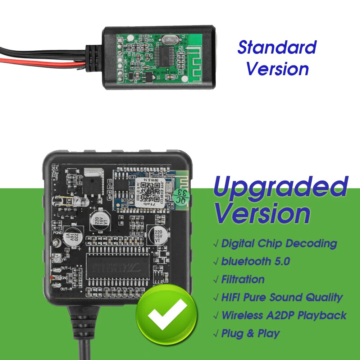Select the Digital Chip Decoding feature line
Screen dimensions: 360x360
pyautogui.click(x=279, y=243)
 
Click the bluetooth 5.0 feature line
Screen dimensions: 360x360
pyautogui.click(x=255, y=261)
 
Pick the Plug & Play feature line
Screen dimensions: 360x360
pyautogui.click(x=250, y=333)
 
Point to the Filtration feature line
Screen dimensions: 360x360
pyautogui.click(x=243, y=279)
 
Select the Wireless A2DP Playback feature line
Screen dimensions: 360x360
pyautogui.click(x=283, y=315)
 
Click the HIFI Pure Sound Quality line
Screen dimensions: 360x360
pyautogui.click(x=282, y=297)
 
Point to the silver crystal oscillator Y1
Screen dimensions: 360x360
pyautogui.click(x=168, y=40)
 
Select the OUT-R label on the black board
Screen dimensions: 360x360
pyautogui.click(x=67, y=289)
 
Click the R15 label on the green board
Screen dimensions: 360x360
pyautogui.click(x=151, y=40)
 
